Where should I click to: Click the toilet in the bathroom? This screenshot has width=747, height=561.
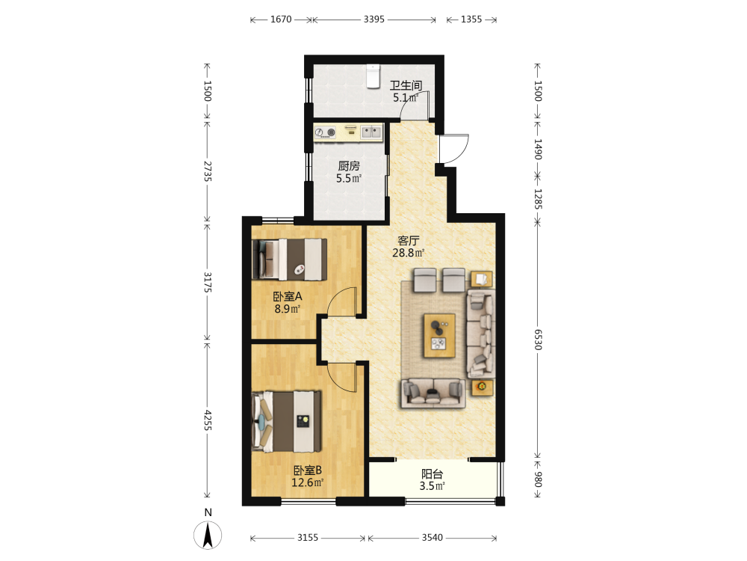tap(373, 76)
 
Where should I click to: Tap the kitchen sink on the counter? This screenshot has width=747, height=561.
tap(371, 132)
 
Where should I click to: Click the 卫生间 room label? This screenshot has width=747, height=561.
tap(406, 85)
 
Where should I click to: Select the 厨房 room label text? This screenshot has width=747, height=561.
tap(349, 166)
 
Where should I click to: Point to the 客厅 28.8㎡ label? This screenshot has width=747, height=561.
tap(409, 247)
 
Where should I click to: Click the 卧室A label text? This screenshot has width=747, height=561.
tap(288, 296)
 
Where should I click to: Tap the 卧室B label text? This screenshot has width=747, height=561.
tap(307, 470)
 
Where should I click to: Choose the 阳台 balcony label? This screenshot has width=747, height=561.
tap(432, 474)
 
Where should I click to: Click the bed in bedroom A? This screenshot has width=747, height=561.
tap(289, 260)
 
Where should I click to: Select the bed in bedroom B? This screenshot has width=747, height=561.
tap(286, 421)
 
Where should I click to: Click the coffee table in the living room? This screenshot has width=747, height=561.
tap(439, 335)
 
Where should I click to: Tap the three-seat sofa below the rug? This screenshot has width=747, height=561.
tap(433, 393)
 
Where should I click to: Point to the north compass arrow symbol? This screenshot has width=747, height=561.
tap(208, 535)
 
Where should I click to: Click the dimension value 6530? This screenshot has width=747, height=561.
tap(537, 340)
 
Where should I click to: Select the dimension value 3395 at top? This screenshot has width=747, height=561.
tap(374, 19)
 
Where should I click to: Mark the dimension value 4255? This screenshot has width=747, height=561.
tap(208, 420)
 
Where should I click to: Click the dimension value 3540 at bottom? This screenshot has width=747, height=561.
tap(432, 538)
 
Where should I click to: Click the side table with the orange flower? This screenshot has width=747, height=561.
tap(482, 387)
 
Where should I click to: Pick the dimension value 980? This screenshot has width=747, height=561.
tap(537, 479)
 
